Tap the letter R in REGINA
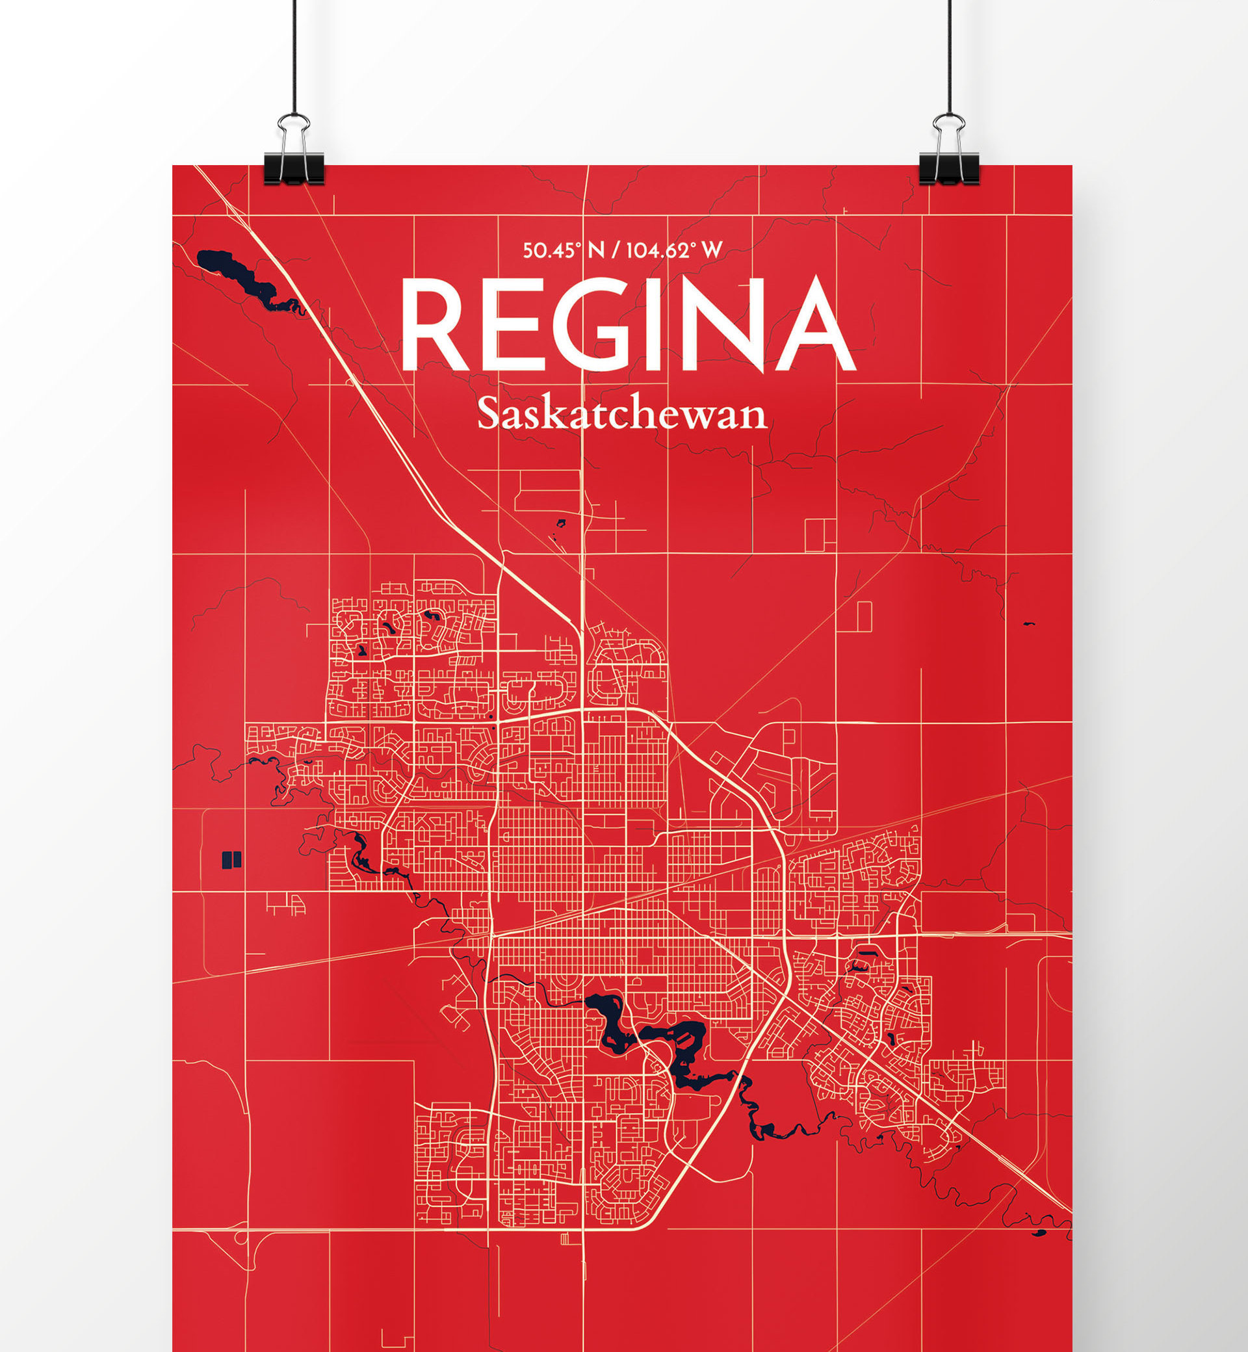click(x=432, y=324)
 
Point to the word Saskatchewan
click(x=622, y=414)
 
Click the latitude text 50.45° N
click(x=563, y=250)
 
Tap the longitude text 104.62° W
click(x=674, y=250)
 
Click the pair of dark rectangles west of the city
click(x=231, y=860)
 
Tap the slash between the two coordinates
click(x=615, y=250)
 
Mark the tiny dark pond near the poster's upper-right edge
click(x=1028, y=623)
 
